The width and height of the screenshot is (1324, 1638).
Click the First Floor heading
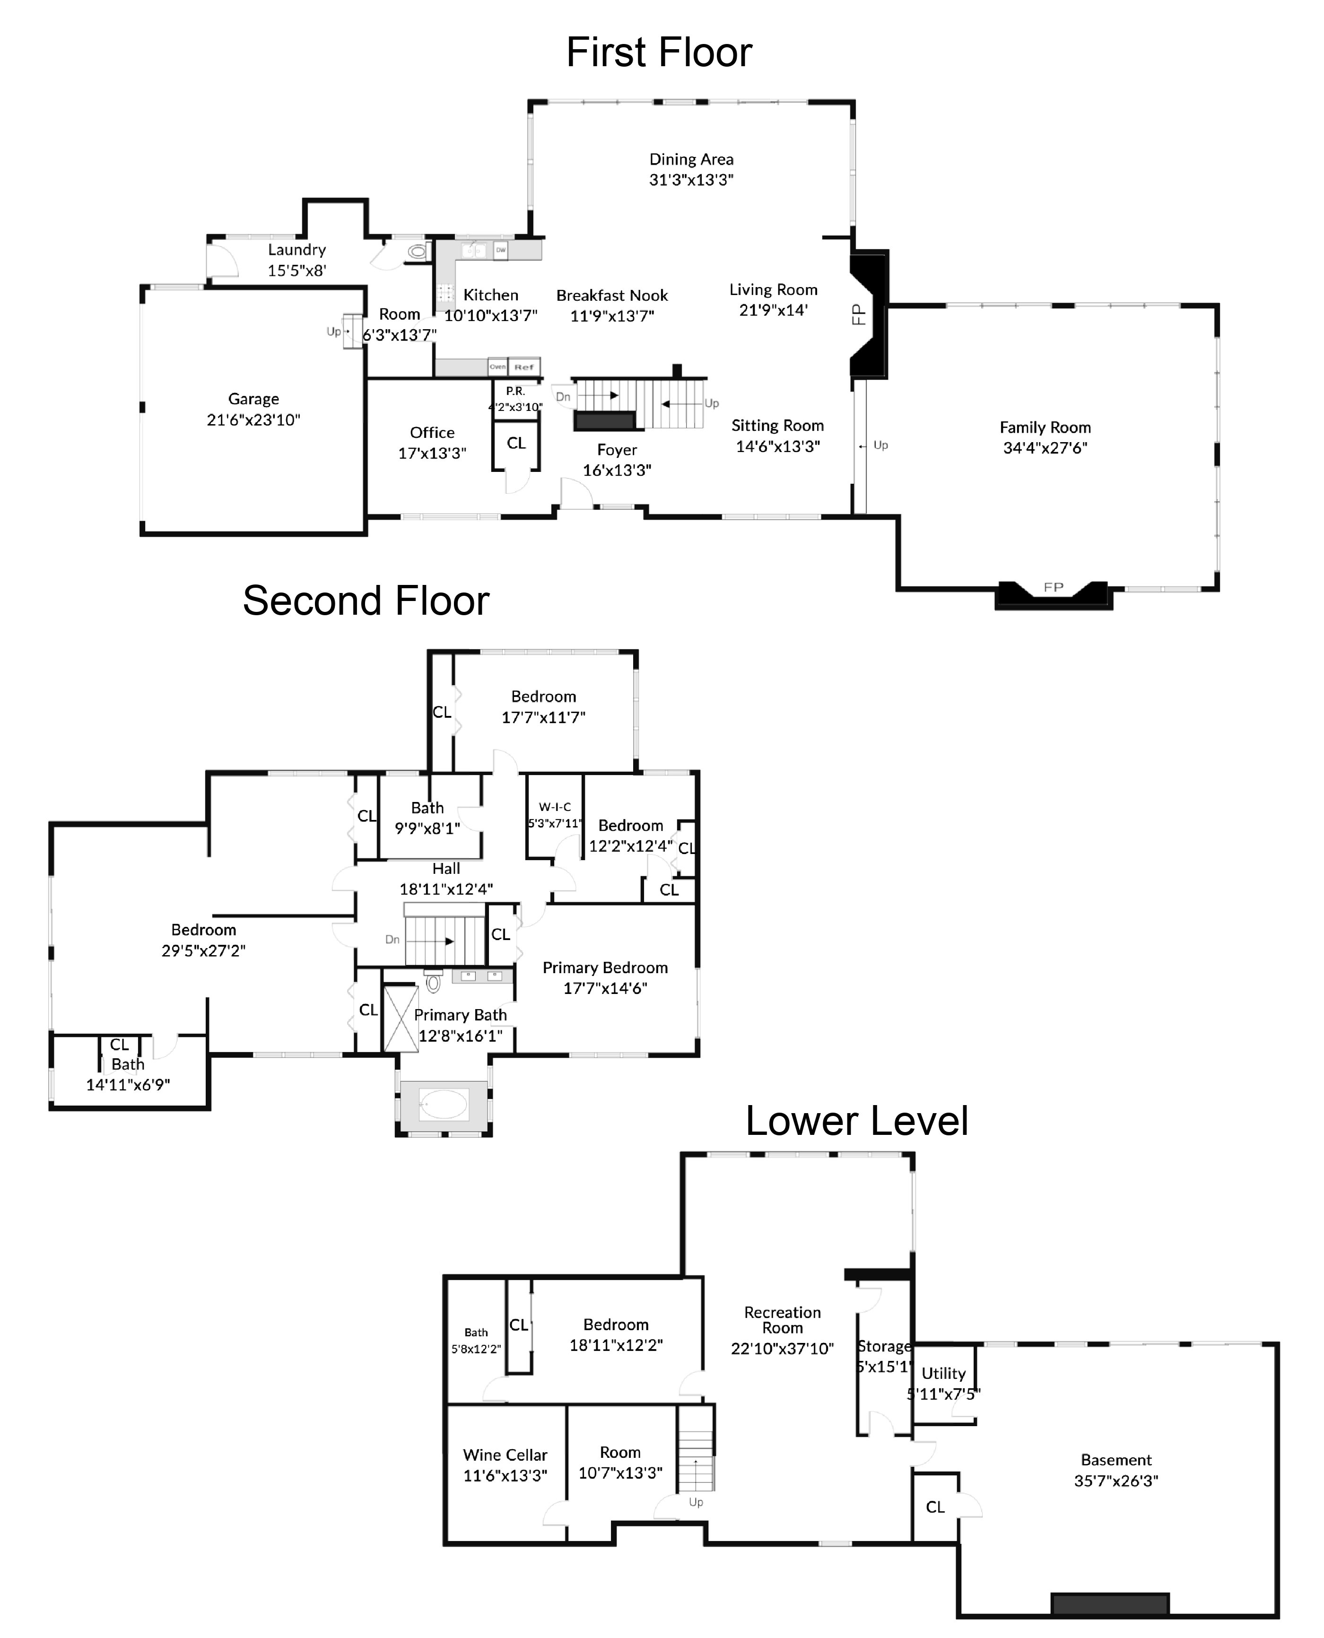[659, 52]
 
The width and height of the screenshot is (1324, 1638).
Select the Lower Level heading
[856, 1120]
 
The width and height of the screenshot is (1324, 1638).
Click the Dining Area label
[691, 159]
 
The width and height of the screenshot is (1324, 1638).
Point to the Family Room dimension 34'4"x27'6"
[1045, 448]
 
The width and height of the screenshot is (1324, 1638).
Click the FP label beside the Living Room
[859, 314]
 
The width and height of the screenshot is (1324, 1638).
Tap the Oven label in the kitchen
[497, 367]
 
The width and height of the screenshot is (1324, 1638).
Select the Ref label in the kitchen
[524, 367]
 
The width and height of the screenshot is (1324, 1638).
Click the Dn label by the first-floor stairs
[563, 397]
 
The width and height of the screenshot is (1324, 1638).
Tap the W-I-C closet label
[555, 807]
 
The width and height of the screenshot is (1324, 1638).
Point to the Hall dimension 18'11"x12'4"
[446, 889]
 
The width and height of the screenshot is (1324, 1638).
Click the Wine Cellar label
[505, 1455]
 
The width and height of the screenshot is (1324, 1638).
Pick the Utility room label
[943, 1373]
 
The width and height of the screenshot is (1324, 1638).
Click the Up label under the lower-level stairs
[696, 1502]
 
